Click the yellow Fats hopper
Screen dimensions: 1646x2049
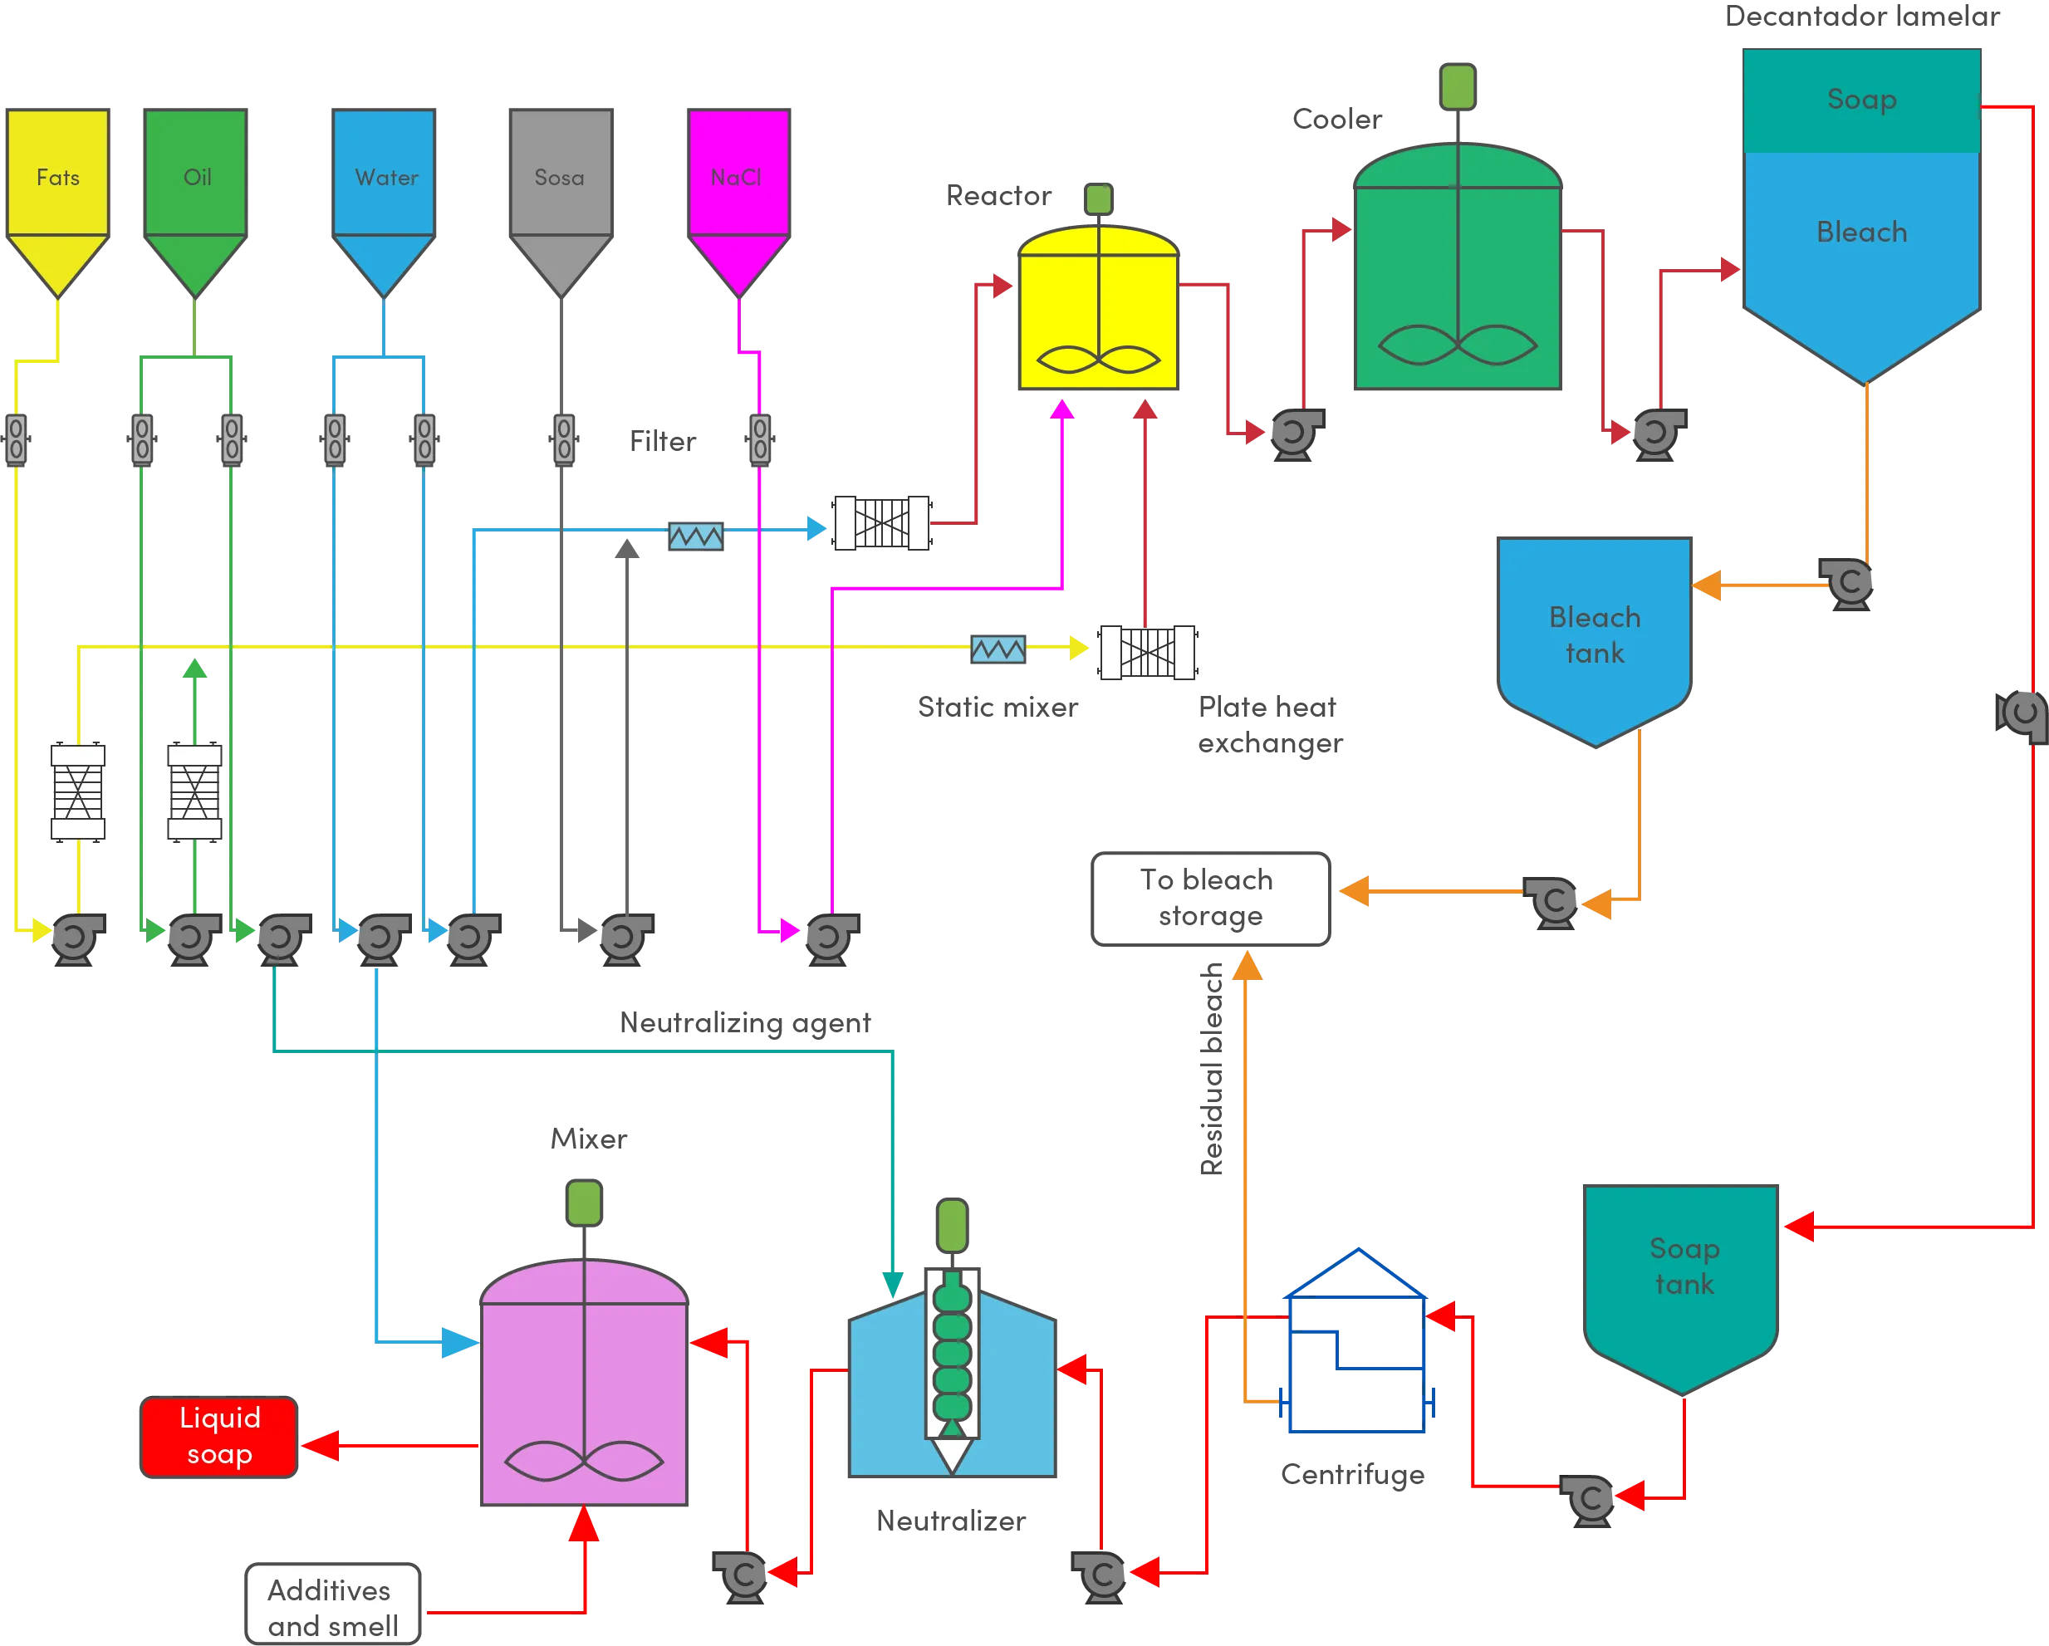pyautogui.click(x=58, y=190)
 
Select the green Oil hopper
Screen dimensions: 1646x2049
pyautogui.click(x=196, y=190)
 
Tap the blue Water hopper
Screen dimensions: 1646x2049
pyautogui.click(x=382, y=190)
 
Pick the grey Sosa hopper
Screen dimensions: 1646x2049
pyautogui.click(x=561, y=190)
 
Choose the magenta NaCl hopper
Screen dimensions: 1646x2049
pyautogui.click(x=739, y=190)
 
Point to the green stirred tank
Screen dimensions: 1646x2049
pyautogui.click(x=1458, y=276)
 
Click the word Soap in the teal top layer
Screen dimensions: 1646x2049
pyautogui.click(x=1860, y=99)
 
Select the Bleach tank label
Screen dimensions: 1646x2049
pyautogui.click(x=1595, y=634)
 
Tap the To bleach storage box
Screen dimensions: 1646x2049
pyautogui.click(x=1210, y=898)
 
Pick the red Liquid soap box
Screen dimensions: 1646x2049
pyautogui.click(x=218, y=1436)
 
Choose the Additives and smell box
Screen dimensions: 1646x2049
pyautogui.click(x=331, y=1608)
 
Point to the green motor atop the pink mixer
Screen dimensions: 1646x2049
pyautogui.click(x=584, y=1203)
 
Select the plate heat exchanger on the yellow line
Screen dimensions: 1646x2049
pyautogui.click(x=1146, y=653)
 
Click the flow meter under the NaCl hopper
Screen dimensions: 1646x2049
pyautogui.click(x=759, y=439)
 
